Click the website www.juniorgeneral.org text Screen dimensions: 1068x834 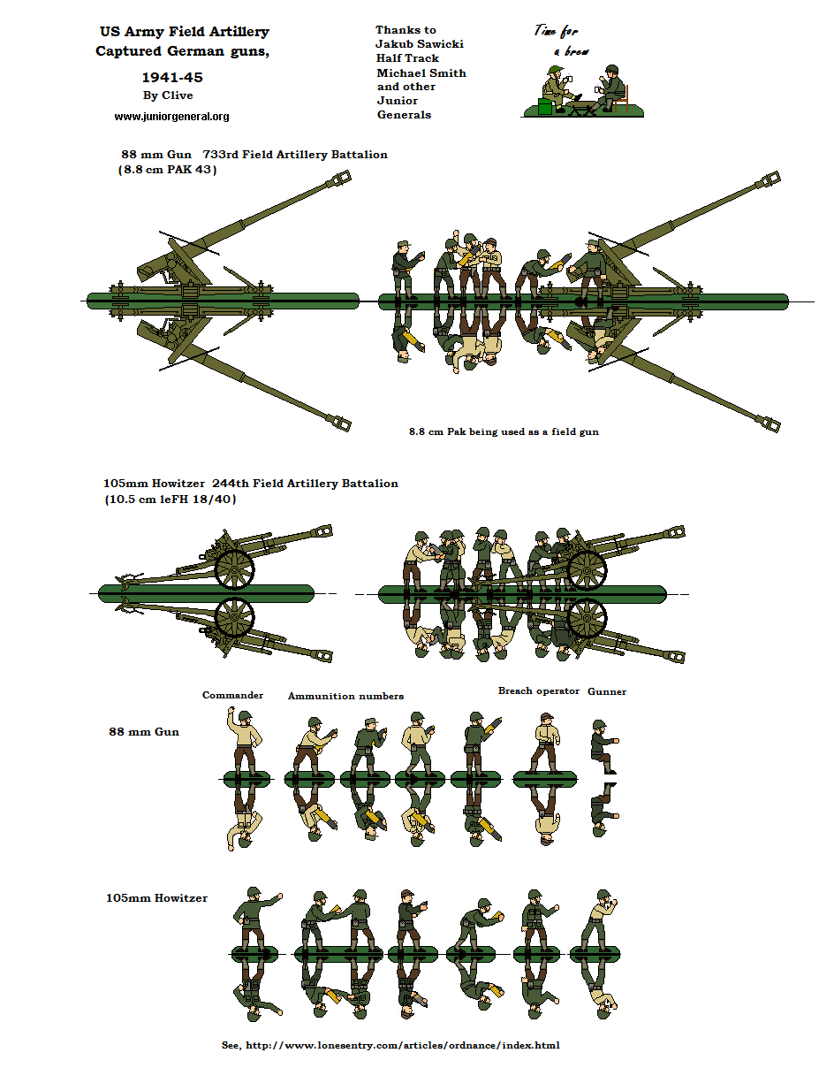[171, 117]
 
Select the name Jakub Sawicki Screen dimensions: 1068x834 [420, 44]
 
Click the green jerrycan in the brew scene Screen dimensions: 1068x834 [544, 106]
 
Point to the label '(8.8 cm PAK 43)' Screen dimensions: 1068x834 [168, 170]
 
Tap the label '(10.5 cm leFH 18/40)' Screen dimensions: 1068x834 [171, 500]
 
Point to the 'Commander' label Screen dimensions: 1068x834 [232, 695]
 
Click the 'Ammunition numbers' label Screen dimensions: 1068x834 [345, 696]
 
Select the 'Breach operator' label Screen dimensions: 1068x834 [538, 690]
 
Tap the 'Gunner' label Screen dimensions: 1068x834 [607, 691]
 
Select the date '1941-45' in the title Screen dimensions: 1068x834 [172, 78]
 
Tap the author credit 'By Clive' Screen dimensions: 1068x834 [168, 95]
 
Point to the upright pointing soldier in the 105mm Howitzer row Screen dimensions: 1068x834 [256, 919]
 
